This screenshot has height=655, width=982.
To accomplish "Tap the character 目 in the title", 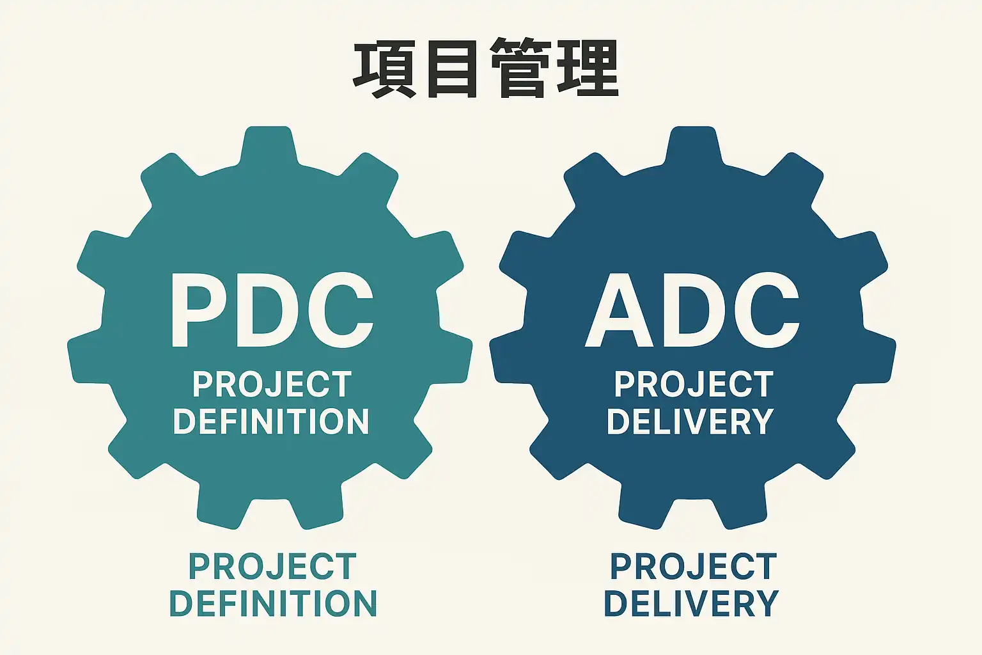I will (453, 68).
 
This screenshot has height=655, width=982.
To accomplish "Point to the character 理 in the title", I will (588, 68).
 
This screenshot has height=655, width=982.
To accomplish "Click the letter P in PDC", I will (199, 311).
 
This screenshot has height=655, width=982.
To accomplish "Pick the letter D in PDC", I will (270, 311).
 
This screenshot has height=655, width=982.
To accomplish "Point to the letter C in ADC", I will (765, 311).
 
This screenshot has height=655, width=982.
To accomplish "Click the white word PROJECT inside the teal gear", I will (272, 384).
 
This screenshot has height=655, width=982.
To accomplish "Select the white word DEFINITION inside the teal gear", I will (271, 422).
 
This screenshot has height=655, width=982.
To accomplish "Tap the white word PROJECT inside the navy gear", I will (694, 384).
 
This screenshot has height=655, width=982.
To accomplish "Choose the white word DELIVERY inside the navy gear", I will (690, 422).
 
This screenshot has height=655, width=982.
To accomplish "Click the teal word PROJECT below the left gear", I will (272, 567).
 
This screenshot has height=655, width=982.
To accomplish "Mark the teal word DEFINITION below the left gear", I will (273, 604).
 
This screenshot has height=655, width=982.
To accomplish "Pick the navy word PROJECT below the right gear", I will (694, 567).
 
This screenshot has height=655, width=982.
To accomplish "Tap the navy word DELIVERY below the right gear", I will (691, 604).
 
